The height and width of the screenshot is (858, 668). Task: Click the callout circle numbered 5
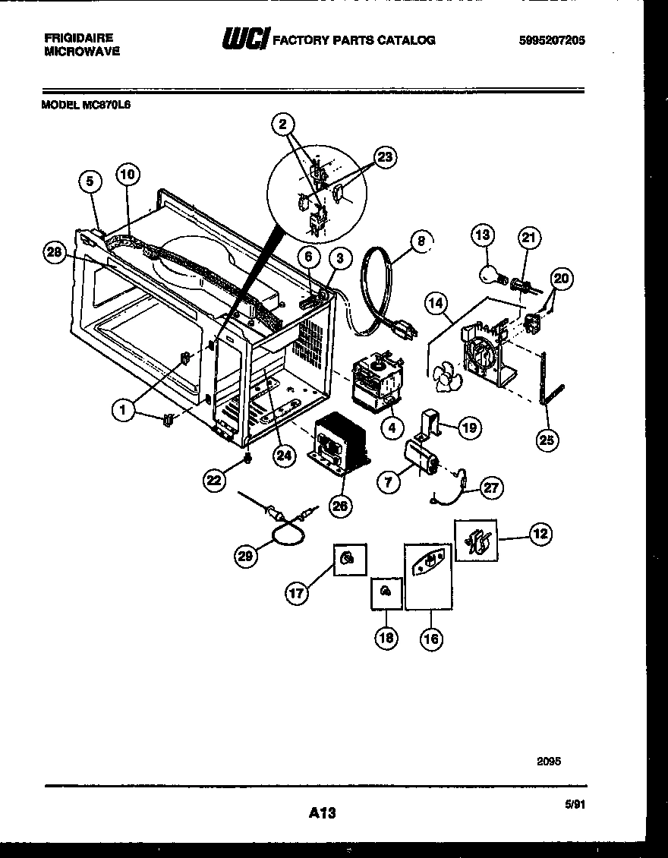pos(90,181)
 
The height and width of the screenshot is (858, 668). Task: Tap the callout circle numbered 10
pos(128,175)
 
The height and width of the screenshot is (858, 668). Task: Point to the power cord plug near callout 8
pos(402,330)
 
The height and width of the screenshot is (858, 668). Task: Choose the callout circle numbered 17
pos(298,593)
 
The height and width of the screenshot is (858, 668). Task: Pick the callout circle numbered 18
pos(386,639)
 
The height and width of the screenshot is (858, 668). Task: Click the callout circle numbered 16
pos(430,639)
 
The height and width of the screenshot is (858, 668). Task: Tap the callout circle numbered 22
pos(215,479)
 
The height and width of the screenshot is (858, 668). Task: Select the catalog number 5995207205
pos(550,40)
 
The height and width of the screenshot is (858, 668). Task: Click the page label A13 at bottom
pos(323,813)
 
